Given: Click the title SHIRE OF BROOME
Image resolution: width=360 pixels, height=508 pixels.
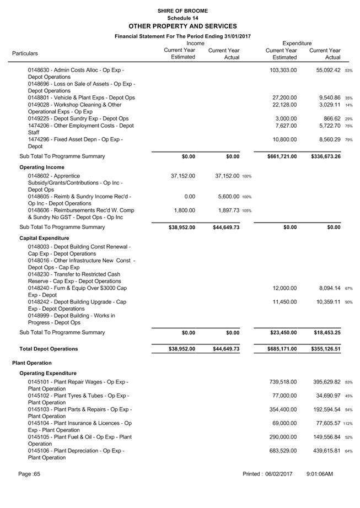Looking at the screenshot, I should point(182,10).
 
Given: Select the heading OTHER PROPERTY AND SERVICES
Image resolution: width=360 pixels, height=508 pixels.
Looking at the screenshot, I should point(182,26).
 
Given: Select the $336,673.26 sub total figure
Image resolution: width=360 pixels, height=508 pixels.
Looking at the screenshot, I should point(325,156).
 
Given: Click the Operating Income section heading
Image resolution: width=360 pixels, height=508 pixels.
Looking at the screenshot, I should point(42,167).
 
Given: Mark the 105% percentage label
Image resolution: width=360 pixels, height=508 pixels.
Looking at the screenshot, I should point(246,210).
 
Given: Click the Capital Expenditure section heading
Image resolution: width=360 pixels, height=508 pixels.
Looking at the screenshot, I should point(45,238).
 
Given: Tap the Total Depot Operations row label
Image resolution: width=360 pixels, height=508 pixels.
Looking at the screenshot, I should point(49,349).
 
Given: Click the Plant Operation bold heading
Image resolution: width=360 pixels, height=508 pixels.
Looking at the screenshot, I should point(32,363).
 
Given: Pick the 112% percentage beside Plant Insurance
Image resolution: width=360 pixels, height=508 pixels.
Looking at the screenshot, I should point(348,424).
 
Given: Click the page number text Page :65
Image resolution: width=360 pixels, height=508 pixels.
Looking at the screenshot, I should point(29,474).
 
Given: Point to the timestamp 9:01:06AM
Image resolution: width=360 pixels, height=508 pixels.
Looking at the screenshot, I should point(320,474).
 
